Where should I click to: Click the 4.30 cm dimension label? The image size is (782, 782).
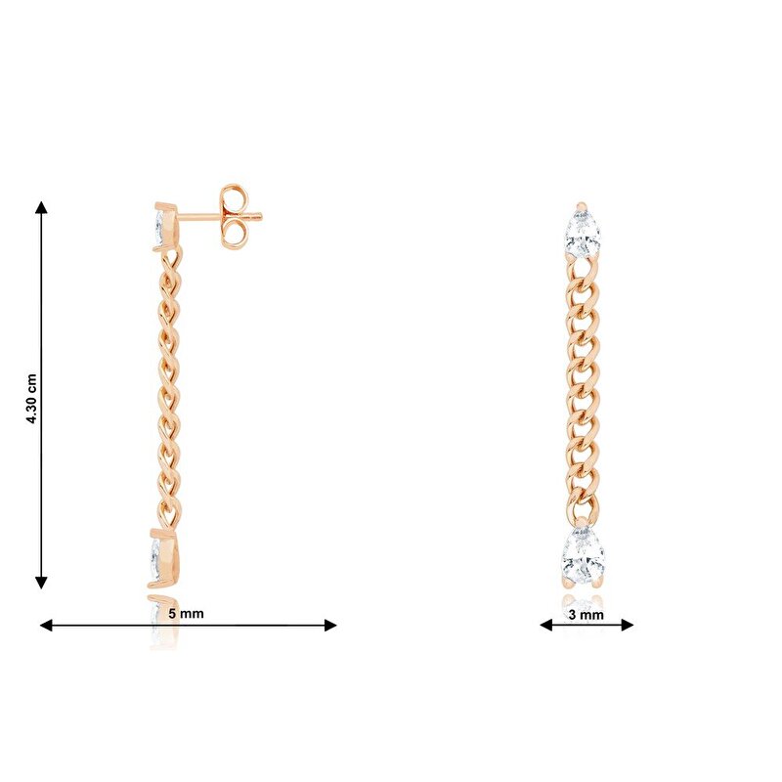click(31, 399)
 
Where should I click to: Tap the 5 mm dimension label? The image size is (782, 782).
click(186, 614)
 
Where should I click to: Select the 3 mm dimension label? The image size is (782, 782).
click(586, 615)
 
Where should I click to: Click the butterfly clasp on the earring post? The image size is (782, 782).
click(233, 216)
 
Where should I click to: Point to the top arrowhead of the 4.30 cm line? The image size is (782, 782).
click(41, 207)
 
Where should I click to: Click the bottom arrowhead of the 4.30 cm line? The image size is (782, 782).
click(41, 583)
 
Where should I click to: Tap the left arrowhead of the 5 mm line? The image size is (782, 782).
click(46, 625)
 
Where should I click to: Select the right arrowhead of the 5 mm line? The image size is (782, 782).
click(330, 625)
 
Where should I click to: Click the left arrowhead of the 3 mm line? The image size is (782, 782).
click(546, 625)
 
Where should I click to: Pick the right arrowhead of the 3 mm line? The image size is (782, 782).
click(627, 625)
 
